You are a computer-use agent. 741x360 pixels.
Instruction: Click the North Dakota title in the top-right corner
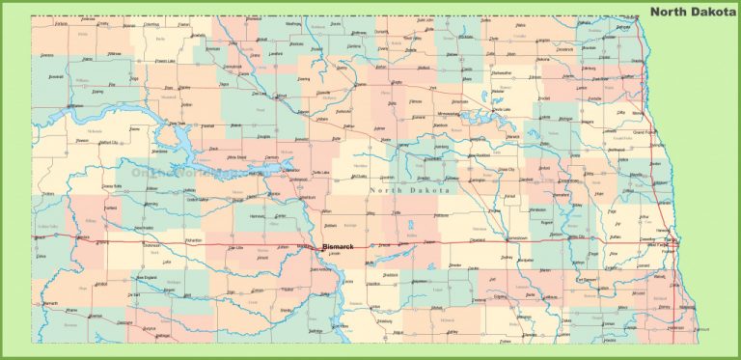pyautogui.click(x=692, y=12)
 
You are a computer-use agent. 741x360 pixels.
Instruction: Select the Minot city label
pyautogui.click(x=282, y=97)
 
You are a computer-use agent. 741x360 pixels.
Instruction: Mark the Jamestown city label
pyautogui.click(x=517, y=237)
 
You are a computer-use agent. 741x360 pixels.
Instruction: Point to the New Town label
pyautogui.click(x=178, y=124)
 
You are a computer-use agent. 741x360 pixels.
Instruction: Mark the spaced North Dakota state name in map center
pyautogui.click(x=409, y=191)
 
